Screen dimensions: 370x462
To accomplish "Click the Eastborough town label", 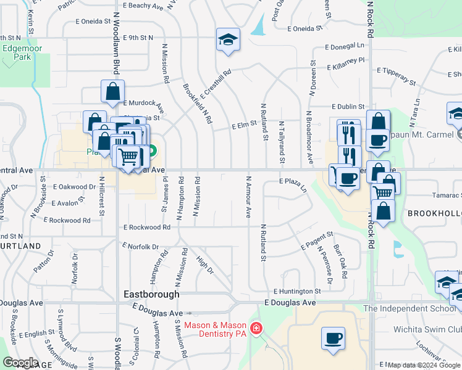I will [151, 294].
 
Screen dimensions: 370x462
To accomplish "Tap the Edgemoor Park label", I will [17, 52].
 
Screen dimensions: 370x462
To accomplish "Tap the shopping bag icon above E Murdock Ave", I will [112, 91].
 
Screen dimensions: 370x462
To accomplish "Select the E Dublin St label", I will [347, 107].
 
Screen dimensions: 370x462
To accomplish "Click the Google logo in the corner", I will [20, 363].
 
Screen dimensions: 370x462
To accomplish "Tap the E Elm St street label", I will [244, 125].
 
